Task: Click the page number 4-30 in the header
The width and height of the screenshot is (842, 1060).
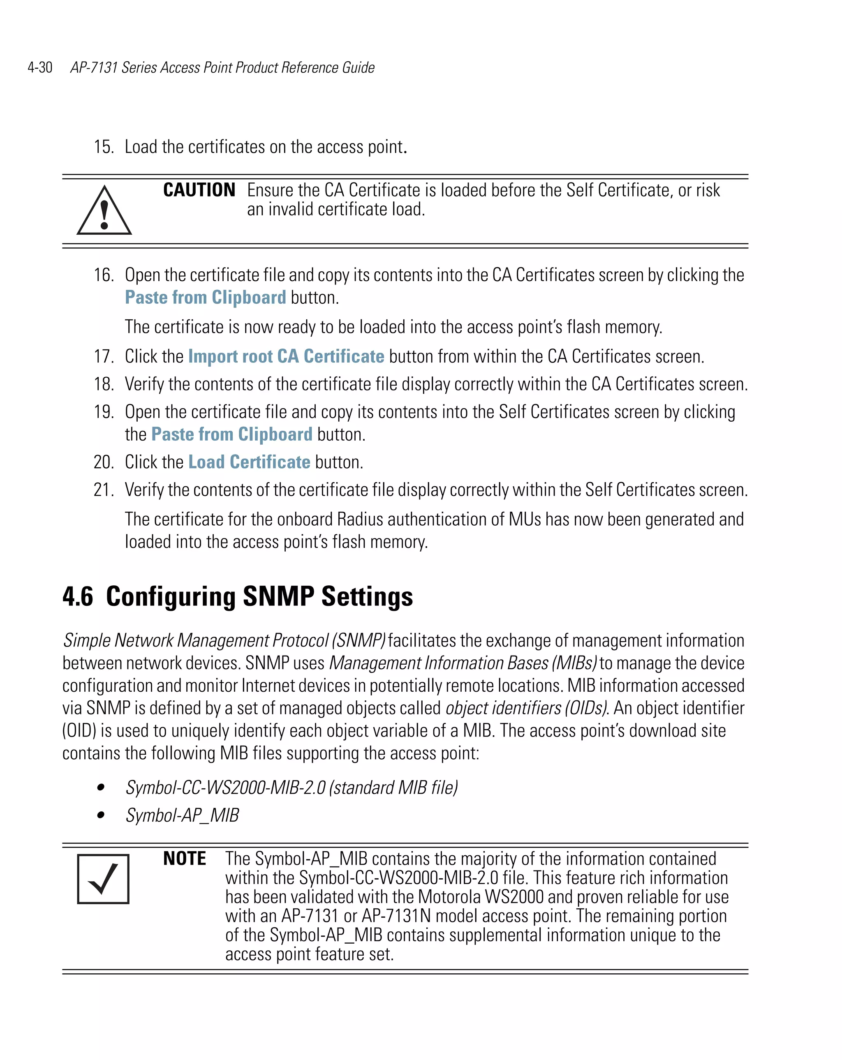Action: click(x=40, y=67)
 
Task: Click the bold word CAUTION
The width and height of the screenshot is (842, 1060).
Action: click(x=199, y=190)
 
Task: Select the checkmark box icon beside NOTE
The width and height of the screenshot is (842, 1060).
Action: click(x=103, y=879)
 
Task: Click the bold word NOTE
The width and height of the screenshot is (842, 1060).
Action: click(x=185, y=859)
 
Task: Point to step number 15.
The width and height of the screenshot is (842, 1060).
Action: click(x=104, y=147)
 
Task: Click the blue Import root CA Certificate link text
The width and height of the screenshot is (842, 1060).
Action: click(x=286, y=356)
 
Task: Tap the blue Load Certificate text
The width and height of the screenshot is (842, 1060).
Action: click(x=249, y=462)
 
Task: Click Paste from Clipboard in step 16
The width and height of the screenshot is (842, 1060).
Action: click(x=205, y=298)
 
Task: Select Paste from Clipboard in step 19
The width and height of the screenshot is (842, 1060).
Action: click(x=231, y=434)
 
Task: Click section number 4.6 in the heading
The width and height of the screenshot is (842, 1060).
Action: click(x=78, y=596)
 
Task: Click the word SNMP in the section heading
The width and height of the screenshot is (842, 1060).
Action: click(x=278, y=596)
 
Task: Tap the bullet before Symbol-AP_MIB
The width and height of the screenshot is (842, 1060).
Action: click(x=101, y=815)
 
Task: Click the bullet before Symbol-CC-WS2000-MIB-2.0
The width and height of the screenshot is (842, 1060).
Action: click(x=101, y=787)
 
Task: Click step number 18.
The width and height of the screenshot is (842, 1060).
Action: click(x=104, y=384)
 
